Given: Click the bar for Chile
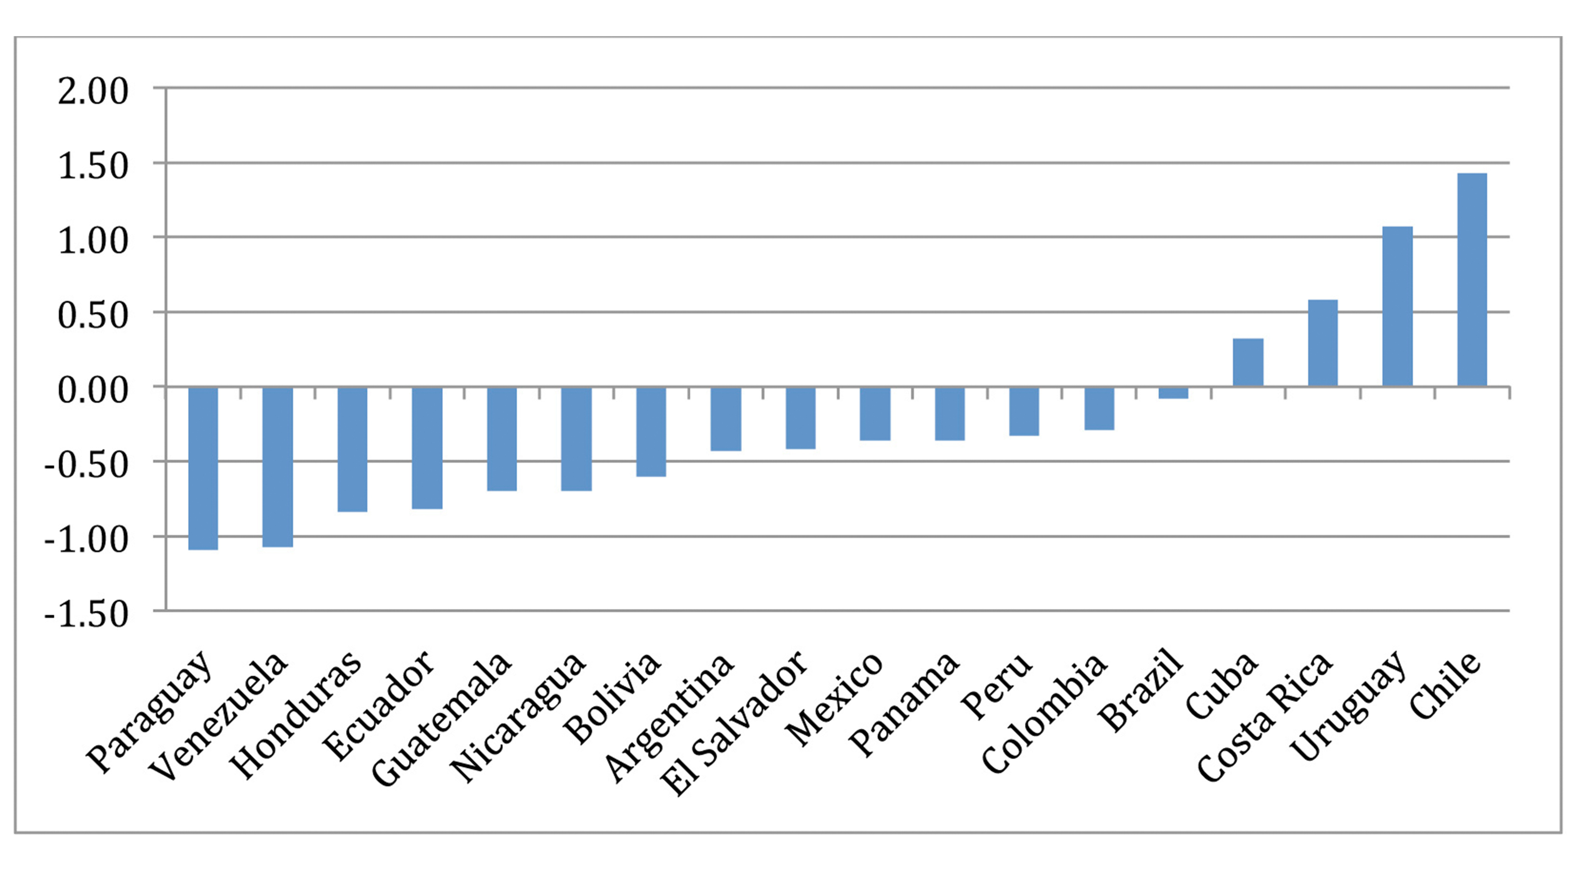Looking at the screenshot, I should click(x=1472, y=280).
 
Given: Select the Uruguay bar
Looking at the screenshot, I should click(x=1397, y=307).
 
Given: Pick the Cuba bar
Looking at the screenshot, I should click(x=1248, y=362).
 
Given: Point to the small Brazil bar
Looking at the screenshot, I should click(x=1173, y=393).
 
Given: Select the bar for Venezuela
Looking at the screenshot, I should click(x=277, y=467).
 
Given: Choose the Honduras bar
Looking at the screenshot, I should click(x=352, y=449).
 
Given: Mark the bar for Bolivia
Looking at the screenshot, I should click(x=651, y=432).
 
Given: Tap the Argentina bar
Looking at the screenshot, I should click(x=726, y=419).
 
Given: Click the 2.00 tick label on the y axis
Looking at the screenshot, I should click(x=93, y=92).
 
